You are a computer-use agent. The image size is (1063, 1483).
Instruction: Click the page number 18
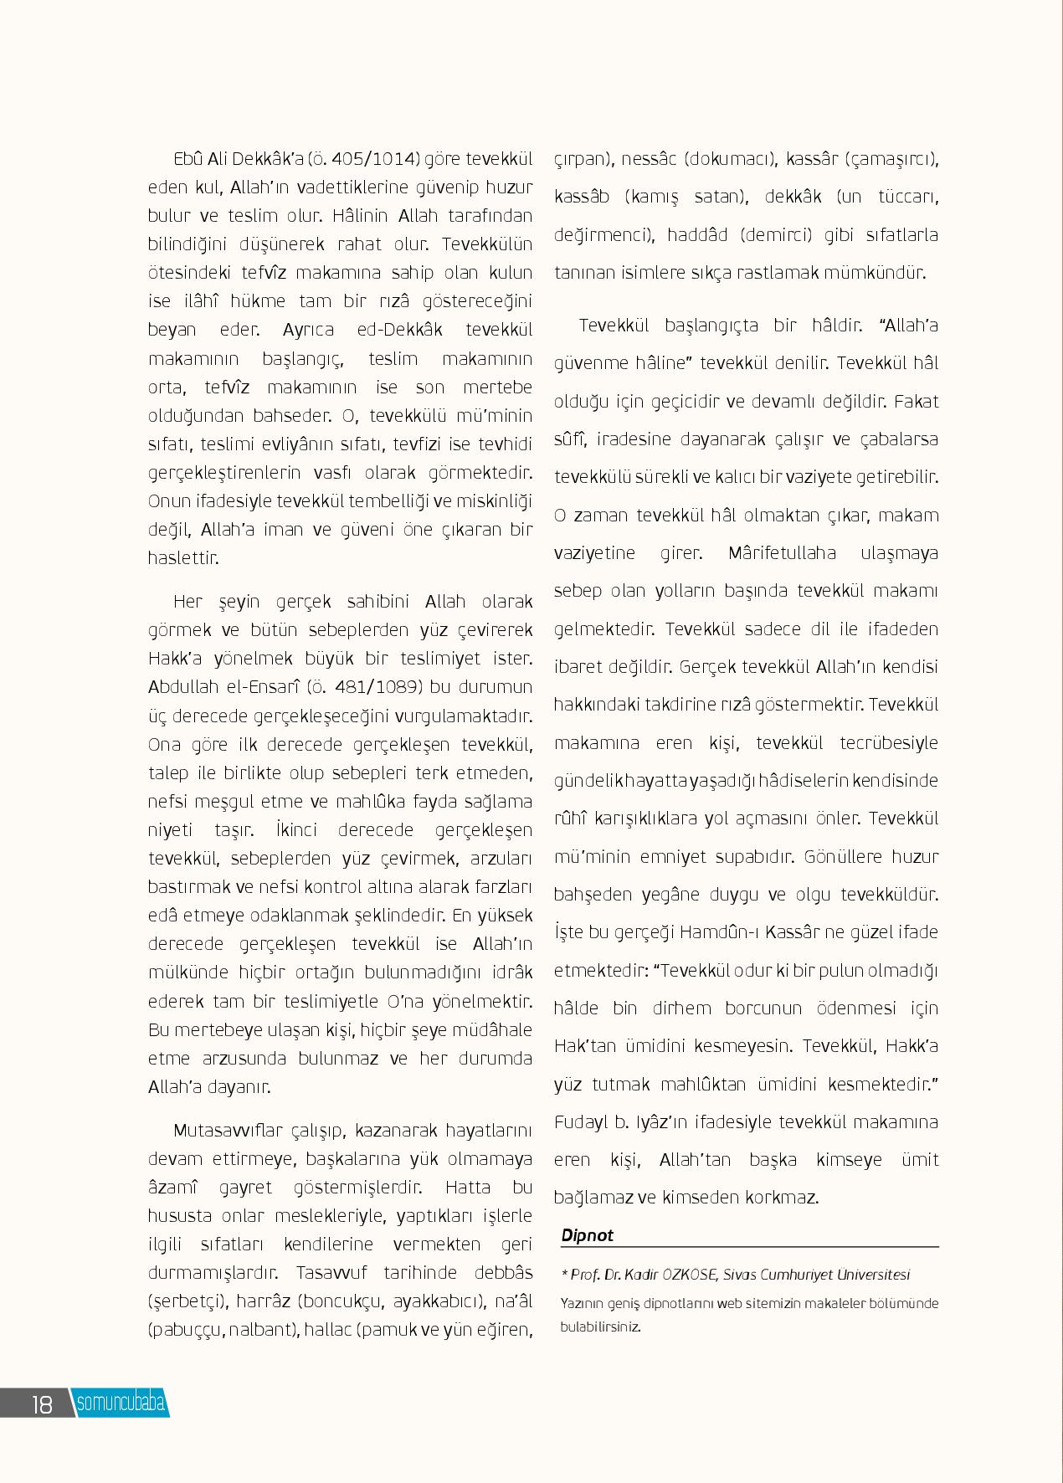tap(42, 1403)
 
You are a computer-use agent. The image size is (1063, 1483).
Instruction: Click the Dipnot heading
tap(587, 1234)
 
